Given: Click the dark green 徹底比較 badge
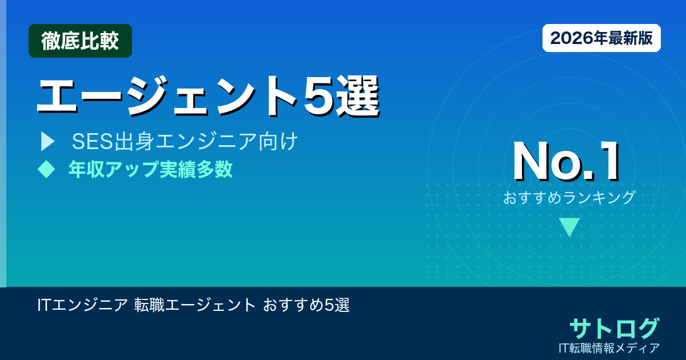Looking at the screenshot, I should (x=80, y=41).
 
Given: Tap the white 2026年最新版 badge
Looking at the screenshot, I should (x=601, y=38).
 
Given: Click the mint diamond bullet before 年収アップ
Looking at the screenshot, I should (x=46, y=169).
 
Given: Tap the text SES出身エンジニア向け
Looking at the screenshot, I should (x=185, y=142).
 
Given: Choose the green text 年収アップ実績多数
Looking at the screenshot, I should (x=150, y=170).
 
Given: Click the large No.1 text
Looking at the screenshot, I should (x=566, y=162).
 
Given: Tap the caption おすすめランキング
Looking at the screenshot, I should (x=569, y=198).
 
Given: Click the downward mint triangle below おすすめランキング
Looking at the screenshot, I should (x=569, y=227).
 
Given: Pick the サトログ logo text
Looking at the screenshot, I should (x=614, y=328).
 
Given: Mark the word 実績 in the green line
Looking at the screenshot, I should (x=178, y=170).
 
